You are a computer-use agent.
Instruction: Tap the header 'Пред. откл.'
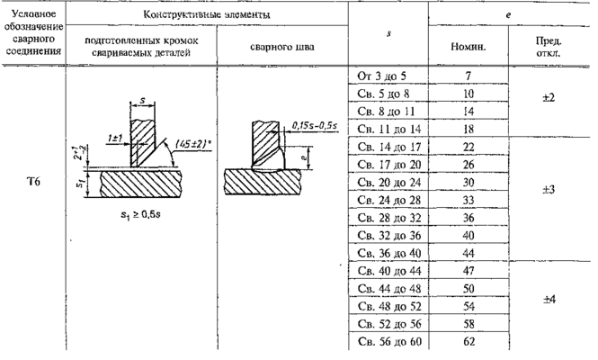click(x=550, y=47)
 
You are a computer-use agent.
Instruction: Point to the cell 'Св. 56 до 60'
click(x=388, y=343)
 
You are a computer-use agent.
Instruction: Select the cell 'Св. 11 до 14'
click(x=388, y=129)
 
